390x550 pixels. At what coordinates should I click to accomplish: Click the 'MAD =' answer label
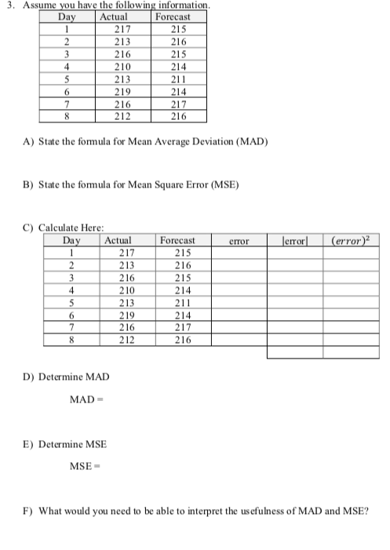87,400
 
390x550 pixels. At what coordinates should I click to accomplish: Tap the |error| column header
296,240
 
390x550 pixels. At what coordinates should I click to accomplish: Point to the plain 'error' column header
239,240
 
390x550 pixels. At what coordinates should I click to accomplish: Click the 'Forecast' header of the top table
178,16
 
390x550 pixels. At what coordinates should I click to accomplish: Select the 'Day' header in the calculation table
71,240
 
